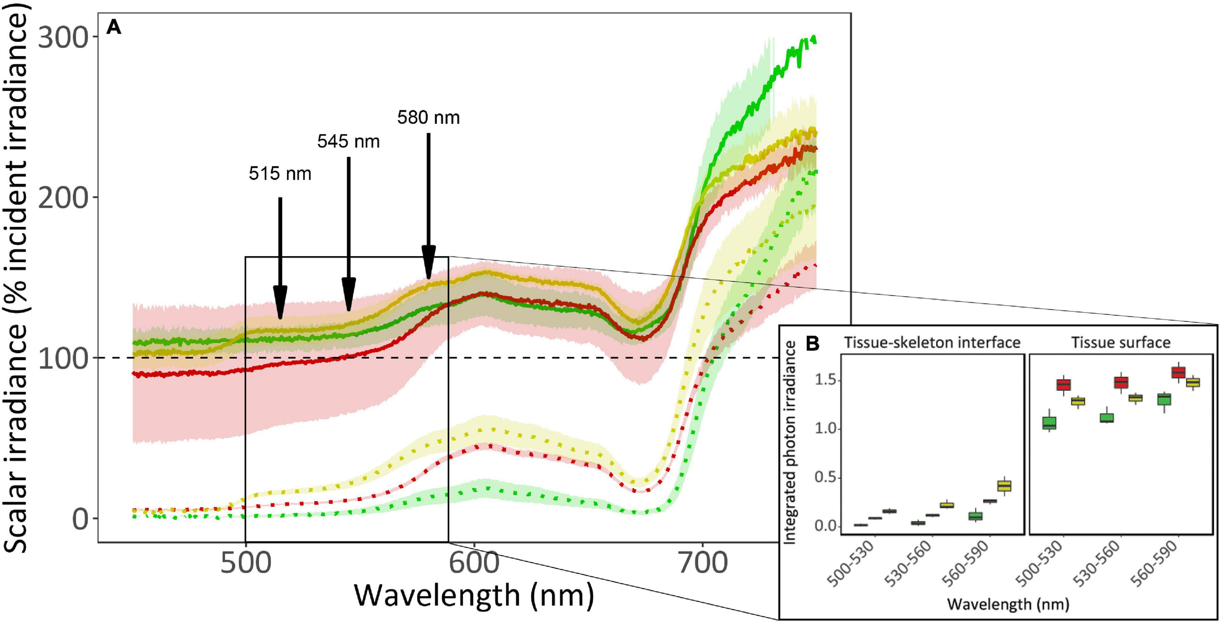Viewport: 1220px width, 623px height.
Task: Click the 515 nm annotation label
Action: coord(280,174)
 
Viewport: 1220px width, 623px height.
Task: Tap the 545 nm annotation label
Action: coord(348,141)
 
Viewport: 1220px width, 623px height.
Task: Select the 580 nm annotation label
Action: coord(428,118)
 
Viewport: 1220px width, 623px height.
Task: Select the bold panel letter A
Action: coord(114,27)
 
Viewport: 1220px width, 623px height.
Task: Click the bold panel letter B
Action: coord(813,344)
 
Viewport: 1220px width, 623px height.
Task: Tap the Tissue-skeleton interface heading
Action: coord(932,342)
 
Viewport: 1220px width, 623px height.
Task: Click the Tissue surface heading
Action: coord(1120,342)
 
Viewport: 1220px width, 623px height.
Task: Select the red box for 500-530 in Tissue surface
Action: coord(1064,384)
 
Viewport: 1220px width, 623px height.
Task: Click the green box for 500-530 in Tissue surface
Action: coord(1049,422)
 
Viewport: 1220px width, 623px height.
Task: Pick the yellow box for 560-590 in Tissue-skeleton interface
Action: coord(1004,486)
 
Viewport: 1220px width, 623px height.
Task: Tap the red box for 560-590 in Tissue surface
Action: coord(1179,373)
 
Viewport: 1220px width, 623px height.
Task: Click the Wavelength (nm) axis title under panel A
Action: coord(473,596)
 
